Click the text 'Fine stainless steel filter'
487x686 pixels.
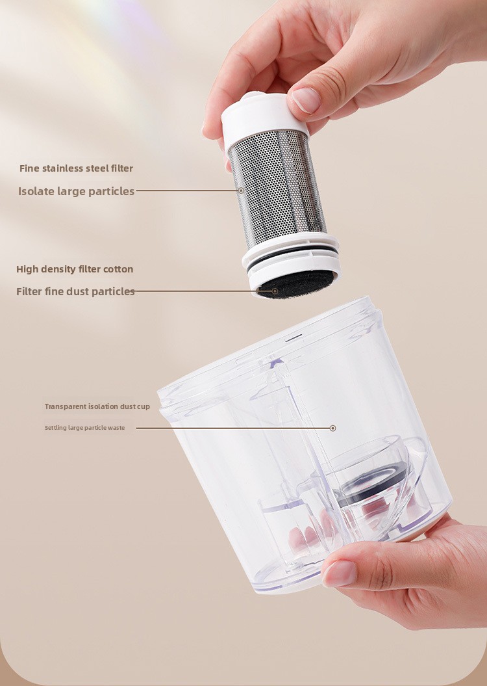[x=76, y=168]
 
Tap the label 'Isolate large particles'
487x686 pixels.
[x=76, y=191]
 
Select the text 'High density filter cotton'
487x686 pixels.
[x=75, y=269]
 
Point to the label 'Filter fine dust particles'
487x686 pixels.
[x=75, y=291]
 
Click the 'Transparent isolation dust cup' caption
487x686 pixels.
[x=97, y=406]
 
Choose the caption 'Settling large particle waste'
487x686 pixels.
[x=84, y=428]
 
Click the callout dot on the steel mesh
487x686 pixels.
[x=241, y=191]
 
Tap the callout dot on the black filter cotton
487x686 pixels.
[x=275, y=291]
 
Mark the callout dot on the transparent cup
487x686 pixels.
[x=333, y=428]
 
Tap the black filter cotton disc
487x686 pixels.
[x=296, y=284]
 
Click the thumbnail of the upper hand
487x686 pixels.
[x=306, y=99]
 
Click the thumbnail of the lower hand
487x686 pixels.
[x=340, y=573]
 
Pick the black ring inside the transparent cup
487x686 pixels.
[x=374, y=481]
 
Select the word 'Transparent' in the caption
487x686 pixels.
[x=65, y=406]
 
